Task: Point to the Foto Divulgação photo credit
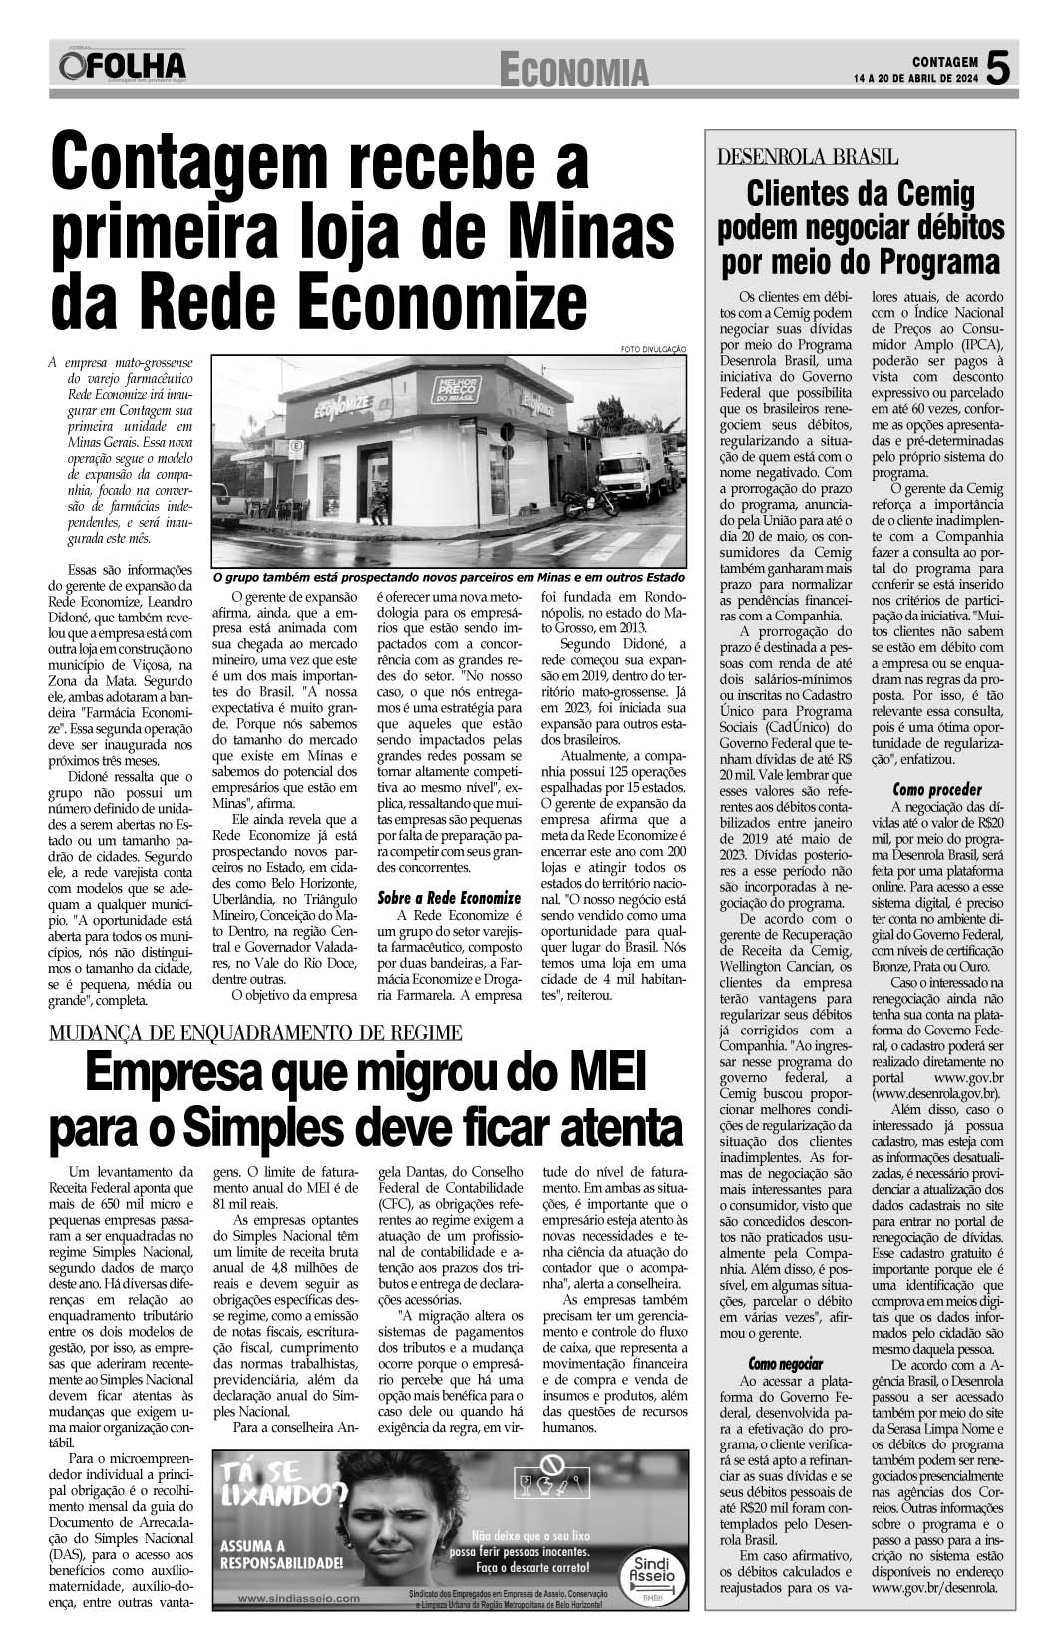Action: point(654,348)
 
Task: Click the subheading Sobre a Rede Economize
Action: point(449,897)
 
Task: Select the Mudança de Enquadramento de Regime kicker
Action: point(255,1031)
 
